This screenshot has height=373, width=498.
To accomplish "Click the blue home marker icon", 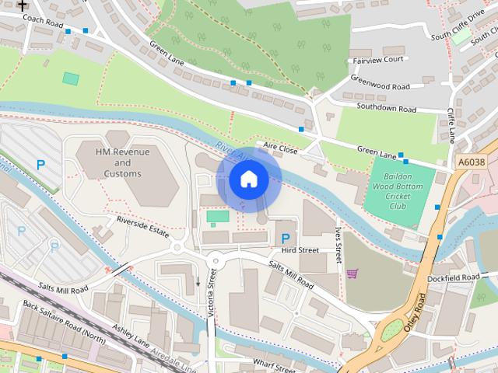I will point(248,180).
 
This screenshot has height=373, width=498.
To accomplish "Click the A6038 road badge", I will point(471,162).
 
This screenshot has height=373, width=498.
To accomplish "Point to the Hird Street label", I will point(300,250).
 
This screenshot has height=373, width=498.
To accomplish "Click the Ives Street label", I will point(338,245).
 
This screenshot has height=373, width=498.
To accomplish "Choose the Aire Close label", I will point(280,146).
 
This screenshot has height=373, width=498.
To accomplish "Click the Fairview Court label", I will point(378,59).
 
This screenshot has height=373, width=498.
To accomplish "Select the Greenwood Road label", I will point(380,86).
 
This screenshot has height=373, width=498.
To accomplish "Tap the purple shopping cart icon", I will point(352,274).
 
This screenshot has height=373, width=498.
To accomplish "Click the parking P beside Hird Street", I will point(285,238).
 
